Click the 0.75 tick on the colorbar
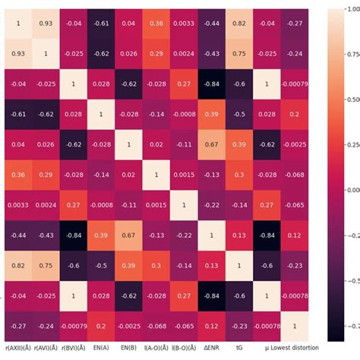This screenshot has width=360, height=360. [x=351, y=54]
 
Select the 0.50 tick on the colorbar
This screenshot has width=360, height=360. [x=351, y=99]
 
